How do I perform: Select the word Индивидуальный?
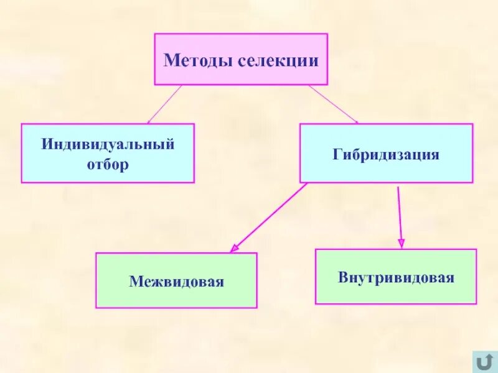pos(108,145)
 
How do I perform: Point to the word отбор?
pos(108,165)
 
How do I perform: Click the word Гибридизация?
pos(386,154)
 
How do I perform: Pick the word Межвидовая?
pos(176,282)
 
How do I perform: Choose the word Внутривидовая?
pos(396,277)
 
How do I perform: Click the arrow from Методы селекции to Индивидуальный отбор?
pos(164,104)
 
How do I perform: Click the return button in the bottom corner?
pos(483,361)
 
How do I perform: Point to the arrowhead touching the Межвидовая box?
pos(234,248)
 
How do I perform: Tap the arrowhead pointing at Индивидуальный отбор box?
pos(150,120)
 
